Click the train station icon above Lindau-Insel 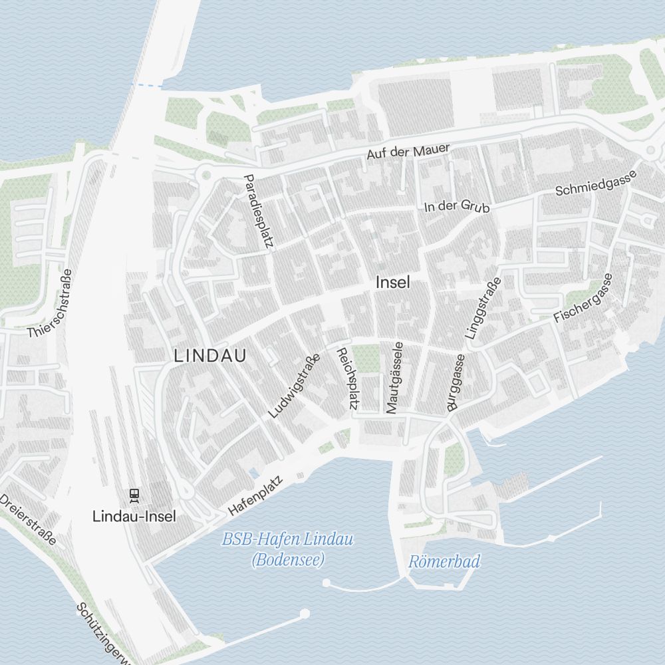(x=134, y=495)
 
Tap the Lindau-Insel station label (x=134, y=515)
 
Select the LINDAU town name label (x=210, y=356)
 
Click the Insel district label (x=393, y=282)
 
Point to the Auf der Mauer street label (x=408, y=152)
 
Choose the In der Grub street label (x=457, y=207)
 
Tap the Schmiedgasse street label (x=597, y=182)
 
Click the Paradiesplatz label (x=259, y=211)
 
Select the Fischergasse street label (x=583, y=299)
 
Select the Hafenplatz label (x=255, y=495)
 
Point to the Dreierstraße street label (x=28, y=519)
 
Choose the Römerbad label (x=444, y=562)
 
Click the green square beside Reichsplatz (x=365, y=359)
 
